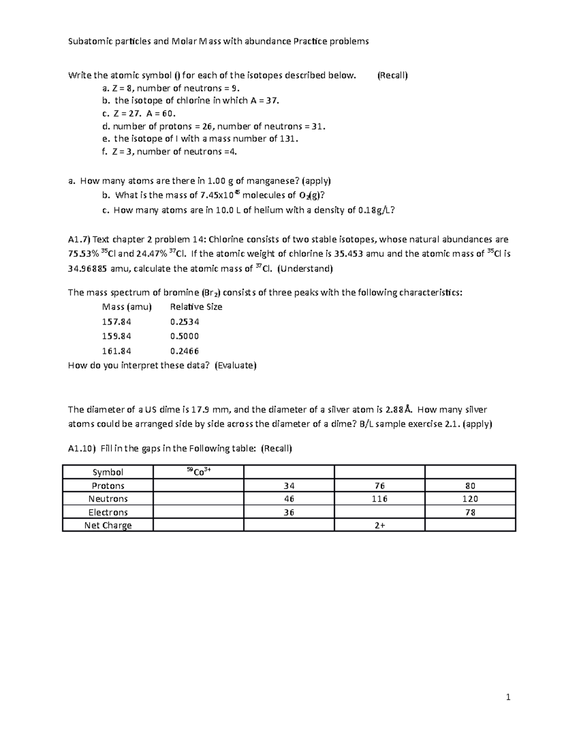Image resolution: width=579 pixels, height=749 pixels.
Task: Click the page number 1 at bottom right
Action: (508, 697)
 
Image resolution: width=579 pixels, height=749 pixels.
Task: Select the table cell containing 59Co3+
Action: (198, 472)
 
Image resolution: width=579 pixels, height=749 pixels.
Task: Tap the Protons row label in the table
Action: (108, 486)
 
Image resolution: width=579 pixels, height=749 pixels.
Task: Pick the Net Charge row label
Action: (108, 525)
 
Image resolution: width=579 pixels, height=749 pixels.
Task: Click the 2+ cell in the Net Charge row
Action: (380, 525)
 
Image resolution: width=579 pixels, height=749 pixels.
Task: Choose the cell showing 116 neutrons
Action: (380, 499)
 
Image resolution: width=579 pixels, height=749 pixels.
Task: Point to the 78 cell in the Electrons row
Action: (470, 512)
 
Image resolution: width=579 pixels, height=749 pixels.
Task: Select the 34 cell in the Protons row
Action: (289, 486)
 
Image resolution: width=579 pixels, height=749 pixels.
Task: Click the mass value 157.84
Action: (116, 322)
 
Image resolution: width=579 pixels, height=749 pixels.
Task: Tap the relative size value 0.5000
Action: (184, 336)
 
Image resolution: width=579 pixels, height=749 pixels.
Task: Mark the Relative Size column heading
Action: (196, 307)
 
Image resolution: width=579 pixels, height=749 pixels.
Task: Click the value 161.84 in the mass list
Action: (116, 351)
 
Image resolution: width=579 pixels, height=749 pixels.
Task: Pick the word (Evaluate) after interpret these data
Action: (235, 365)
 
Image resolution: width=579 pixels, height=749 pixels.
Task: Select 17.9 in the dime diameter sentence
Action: (200, 410)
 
